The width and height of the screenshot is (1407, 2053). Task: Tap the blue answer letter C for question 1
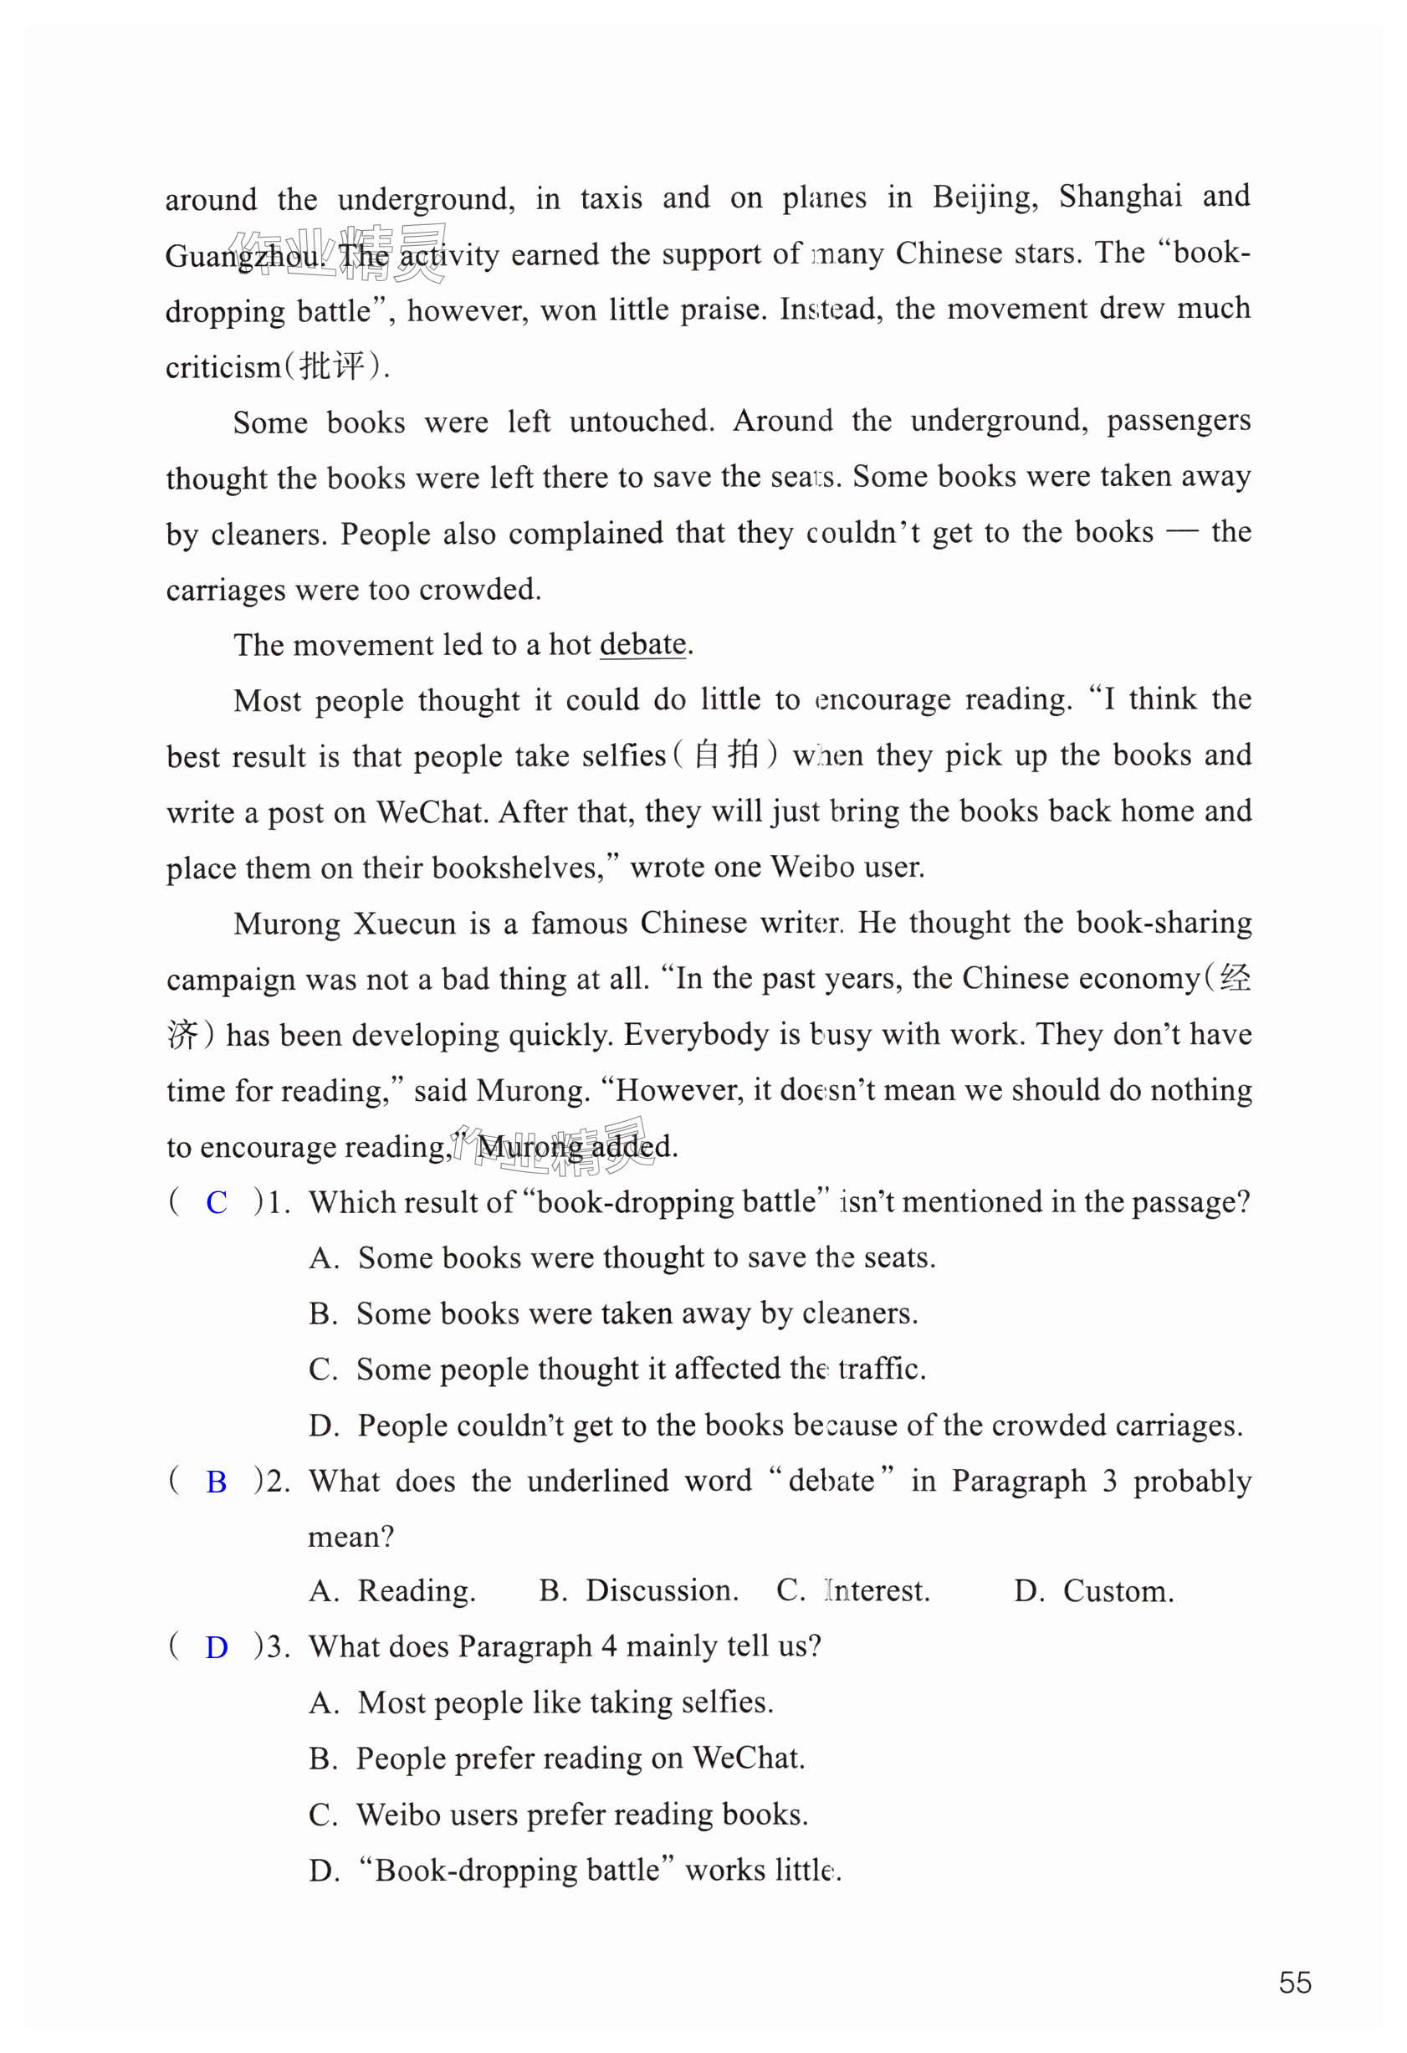[x=217, y=1202]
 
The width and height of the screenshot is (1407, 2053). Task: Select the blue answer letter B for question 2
[x=217, y=1482]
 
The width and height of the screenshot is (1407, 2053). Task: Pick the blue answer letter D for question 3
[x=217, y=1646]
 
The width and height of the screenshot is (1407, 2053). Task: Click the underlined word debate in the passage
[x=642, y=645]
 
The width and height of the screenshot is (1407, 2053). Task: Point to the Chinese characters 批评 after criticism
[x=332, y=366]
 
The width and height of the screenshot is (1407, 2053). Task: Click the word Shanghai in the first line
[x=1119, y=197]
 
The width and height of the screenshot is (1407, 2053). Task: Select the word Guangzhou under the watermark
[x=243, y=256]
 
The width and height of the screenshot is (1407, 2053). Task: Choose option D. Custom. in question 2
[x=1093, y=1591]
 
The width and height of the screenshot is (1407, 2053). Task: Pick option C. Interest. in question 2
[x=852, y=1591]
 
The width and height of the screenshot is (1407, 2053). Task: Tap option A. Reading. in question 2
[x=392, y=1591]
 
